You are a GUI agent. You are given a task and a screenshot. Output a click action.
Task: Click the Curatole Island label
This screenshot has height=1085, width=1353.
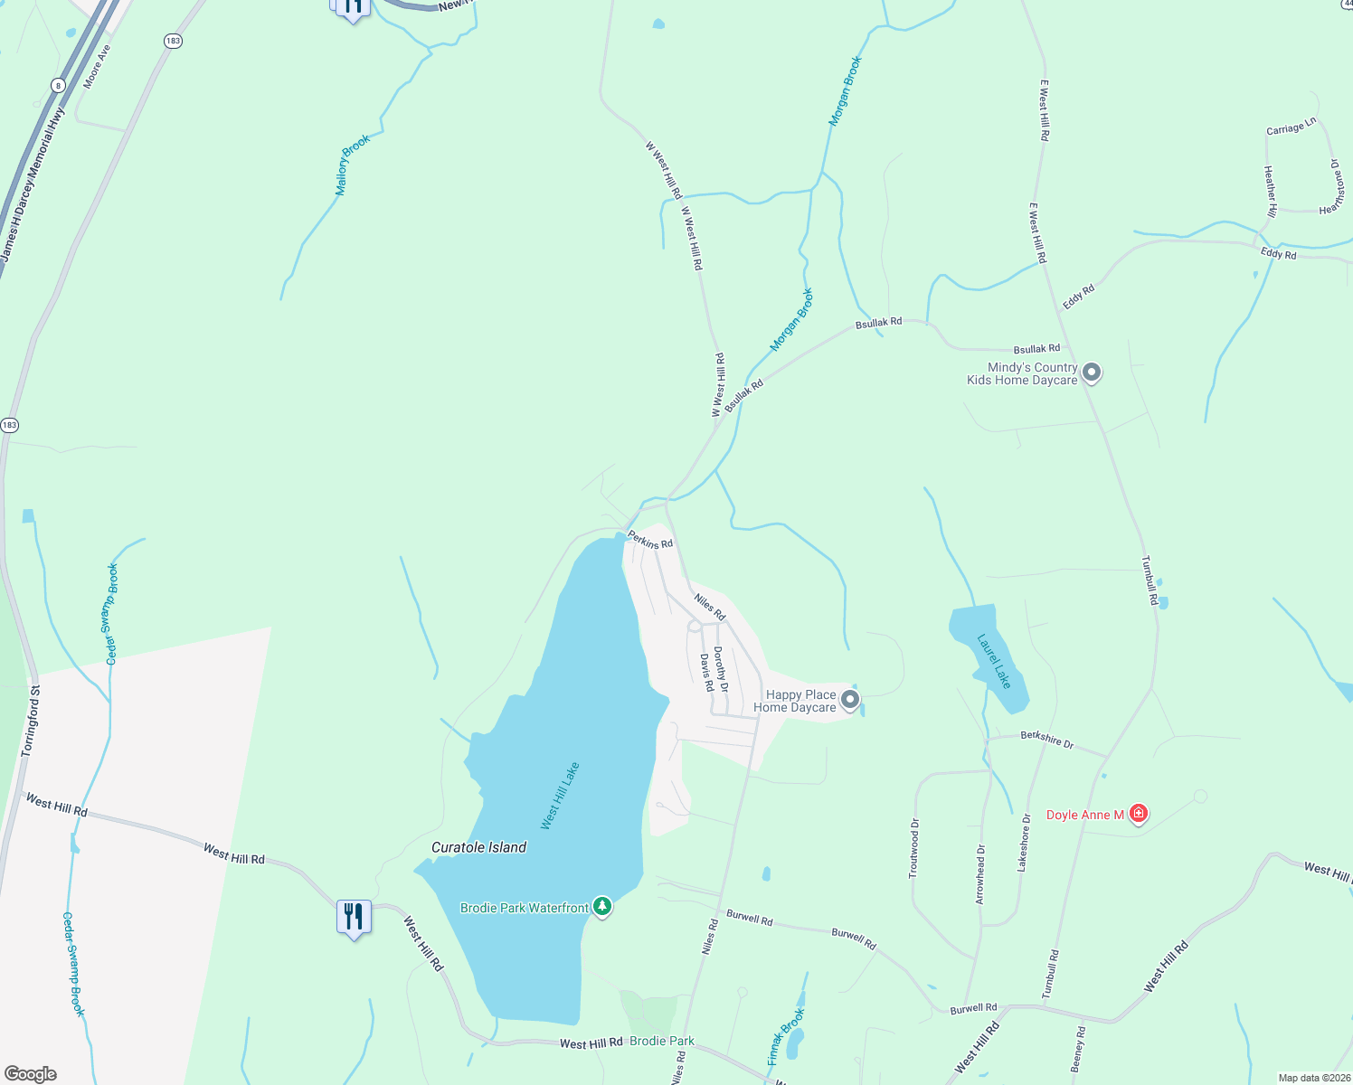[478, 847]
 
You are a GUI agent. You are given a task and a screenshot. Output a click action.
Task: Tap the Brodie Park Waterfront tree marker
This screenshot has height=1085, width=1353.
[602, 906]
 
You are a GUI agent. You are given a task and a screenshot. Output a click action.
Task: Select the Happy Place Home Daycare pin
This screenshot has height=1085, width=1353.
[849, 699]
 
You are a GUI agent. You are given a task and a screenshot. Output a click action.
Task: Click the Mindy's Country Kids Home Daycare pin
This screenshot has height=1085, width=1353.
[1092, 372]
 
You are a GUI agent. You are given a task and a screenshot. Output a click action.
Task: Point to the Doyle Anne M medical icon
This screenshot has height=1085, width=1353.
[1139, 814]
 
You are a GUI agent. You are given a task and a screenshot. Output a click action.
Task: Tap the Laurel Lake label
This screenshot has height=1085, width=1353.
[994, 661]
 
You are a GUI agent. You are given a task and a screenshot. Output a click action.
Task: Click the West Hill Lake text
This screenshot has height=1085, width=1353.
[560, 796]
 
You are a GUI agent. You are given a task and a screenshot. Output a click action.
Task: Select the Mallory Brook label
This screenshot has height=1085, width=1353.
[353, 165]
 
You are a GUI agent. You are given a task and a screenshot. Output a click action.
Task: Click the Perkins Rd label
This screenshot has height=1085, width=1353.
[651, 540]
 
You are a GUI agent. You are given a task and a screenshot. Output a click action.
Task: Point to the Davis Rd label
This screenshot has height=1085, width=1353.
[706, 673]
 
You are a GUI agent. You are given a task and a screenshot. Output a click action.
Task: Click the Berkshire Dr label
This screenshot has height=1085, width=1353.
[1047, 740]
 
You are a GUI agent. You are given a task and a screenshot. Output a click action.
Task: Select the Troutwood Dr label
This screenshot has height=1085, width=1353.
[914, 848]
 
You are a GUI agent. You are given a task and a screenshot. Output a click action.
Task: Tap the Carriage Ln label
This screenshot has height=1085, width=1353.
[1291, 127]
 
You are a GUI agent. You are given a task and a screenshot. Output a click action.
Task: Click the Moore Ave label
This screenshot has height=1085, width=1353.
[97, 67]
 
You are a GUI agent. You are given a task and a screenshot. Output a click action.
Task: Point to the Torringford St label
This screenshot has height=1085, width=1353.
[32, 721]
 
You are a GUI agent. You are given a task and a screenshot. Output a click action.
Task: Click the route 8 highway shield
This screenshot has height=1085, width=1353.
[59, 86]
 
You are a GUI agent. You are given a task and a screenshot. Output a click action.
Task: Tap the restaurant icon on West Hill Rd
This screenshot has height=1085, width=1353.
[353, 917]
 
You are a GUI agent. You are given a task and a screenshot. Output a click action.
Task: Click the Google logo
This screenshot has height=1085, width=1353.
[31, 1073]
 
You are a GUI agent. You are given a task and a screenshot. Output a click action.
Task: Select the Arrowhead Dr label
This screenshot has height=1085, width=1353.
[981, 873]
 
